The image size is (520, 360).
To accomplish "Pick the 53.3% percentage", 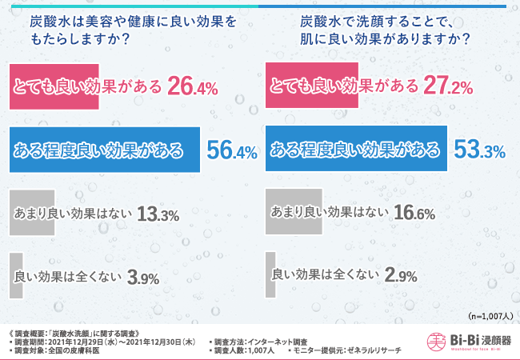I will [x=478, y=150].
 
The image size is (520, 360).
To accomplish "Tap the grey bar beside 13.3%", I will [x=31, y=213].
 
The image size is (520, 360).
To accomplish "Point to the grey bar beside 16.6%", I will [x=294, y=212].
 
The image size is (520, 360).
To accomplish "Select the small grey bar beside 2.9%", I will [x=270, y=275].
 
